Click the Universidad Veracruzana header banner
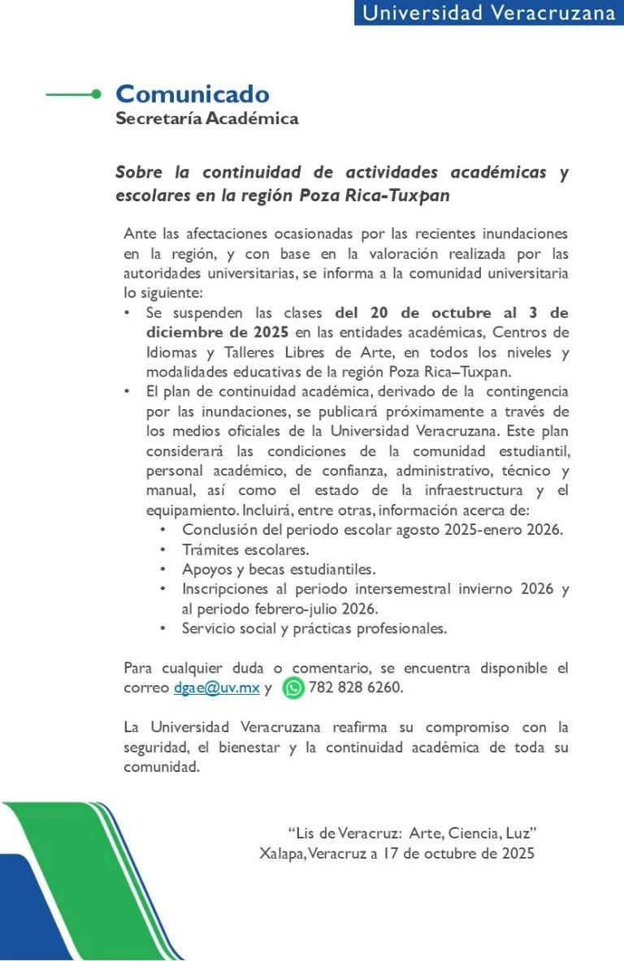488,13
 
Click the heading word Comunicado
192,94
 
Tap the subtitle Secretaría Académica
207,119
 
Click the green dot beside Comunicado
97,94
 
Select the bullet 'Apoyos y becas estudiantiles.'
279,569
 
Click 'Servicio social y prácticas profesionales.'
314,627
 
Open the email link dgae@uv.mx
216,688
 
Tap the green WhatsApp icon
293,688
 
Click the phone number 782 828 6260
356,688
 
